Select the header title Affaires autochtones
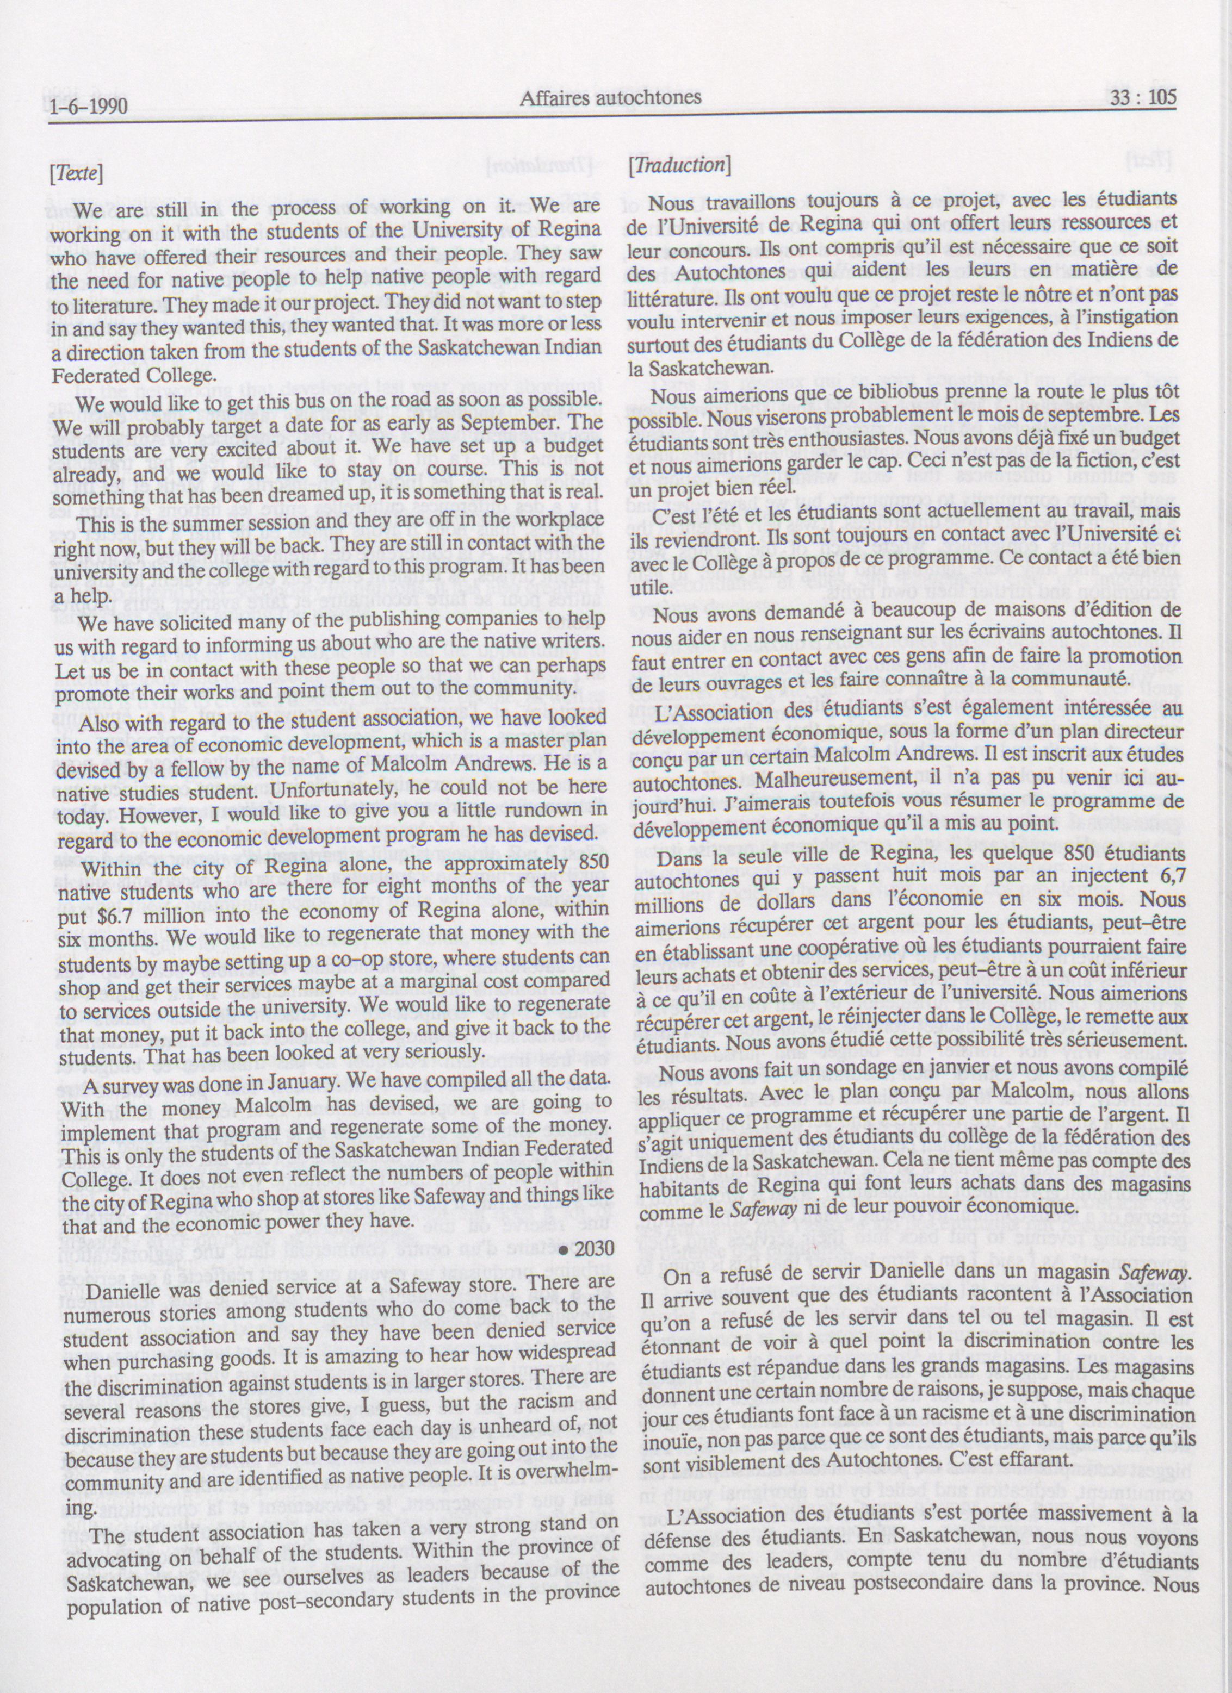610,98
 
